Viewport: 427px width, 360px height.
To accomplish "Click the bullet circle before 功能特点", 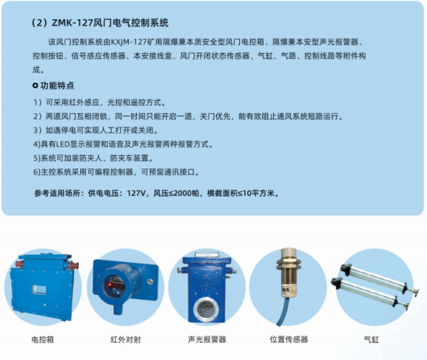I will [x=35, y=86].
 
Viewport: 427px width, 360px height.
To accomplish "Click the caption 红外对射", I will [x=124, y=339].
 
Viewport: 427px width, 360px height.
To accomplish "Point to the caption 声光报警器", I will [x=207, y=339].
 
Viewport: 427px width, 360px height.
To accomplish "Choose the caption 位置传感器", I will [x=289, y=339].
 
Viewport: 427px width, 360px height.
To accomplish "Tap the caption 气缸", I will [x=370, y=339].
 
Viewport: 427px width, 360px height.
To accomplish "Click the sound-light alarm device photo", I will [x=207, y=287].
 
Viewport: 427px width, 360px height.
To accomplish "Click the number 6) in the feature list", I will [x=37, y=172].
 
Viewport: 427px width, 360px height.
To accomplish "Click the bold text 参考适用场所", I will [x=58, y=194].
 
